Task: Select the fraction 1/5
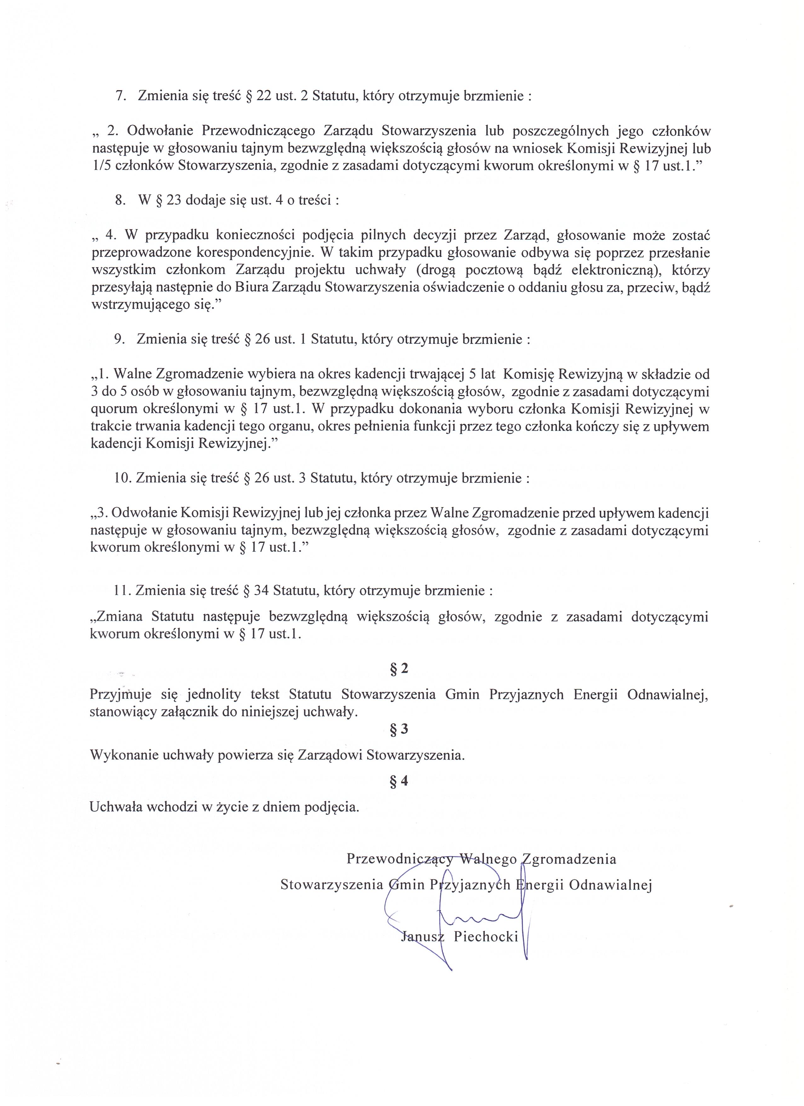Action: coord(100,166)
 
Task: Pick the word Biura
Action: coord(250,288)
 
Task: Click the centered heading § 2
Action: coord(399,669)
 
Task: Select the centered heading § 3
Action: coord(399,729)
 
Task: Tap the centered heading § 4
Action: coord(399,781)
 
